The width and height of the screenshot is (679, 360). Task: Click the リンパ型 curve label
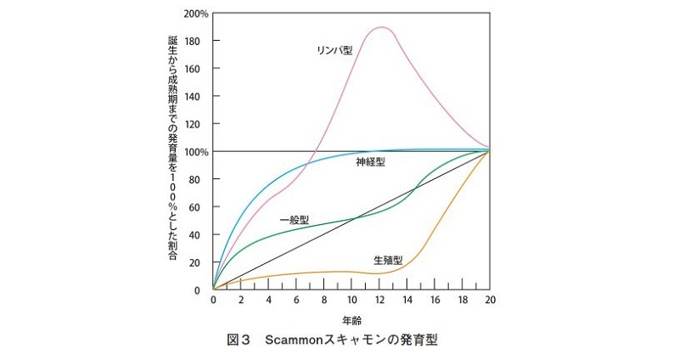[x=334, y=51]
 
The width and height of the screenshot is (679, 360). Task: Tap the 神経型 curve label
[x=370, y=161]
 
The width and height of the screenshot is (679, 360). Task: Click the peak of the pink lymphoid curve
[x=382, y=27]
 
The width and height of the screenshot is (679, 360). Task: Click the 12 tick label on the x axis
[x=379, y=301]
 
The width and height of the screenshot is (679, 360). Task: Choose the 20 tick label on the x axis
[x=490, y=301]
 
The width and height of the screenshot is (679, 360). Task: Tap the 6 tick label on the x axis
[x=296, y=301]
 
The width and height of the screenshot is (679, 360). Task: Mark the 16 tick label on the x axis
[x=435, y=301]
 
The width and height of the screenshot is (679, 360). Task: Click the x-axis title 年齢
[x=351, y=322]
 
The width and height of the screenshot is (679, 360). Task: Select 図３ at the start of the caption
[x=240, y=340]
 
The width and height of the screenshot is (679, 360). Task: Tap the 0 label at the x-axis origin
[x=213, y=301]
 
